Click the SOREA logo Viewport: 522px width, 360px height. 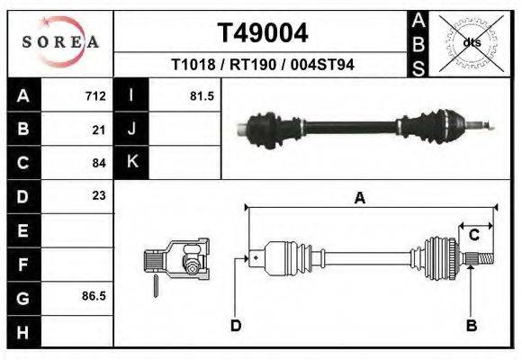click(59, 42)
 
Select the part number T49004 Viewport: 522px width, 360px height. click(263, 33)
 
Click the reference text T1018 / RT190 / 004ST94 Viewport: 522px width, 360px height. click(263, 65)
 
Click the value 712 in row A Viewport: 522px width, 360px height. click(95, 96)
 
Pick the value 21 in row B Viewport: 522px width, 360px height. click(99, 130)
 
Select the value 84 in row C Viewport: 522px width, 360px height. click(99, 163)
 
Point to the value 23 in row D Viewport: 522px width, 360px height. click(99, 195)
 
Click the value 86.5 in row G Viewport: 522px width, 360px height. click(94, 295)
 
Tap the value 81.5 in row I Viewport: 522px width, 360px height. click(202, 96)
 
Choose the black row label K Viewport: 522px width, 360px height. click(131, 162)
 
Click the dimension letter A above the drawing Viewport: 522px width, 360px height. click(359, 199)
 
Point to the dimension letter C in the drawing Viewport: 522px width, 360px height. click(473, 236)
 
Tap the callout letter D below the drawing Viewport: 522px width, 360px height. click(235, 326)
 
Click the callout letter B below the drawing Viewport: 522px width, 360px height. click(470, 326)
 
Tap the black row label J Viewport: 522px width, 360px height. click(131, 130)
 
